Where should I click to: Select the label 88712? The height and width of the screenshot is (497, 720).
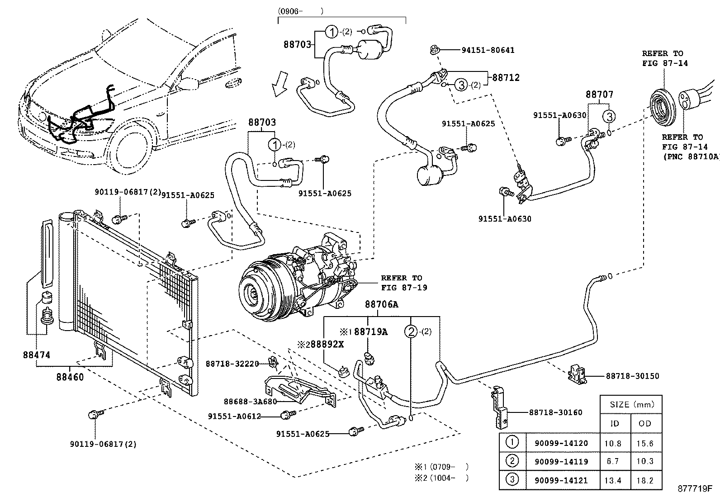pos(506,77)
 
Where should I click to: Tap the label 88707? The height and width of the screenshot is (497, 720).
pos(600,95)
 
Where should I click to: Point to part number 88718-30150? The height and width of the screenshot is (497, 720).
pos(632,376)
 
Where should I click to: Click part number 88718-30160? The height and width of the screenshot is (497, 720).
pos(556,412)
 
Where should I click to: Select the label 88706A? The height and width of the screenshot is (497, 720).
pos(381,305)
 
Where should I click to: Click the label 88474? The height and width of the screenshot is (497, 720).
pos(37,355)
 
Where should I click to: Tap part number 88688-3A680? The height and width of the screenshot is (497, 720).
pos(250,402)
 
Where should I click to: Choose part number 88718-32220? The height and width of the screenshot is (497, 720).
pos(232,364)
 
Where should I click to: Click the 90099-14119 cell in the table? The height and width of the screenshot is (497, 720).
pos(561,462)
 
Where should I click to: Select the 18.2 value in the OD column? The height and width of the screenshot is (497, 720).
pos(644,480)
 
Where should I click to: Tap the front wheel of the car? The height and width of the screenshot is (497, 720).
pos(129,150)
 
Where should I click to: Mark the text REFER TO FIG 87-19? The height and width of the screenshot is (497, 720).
pos(403,283)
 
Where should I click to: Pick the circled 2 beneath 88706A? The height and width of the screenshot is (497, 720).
pos(411,331)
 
